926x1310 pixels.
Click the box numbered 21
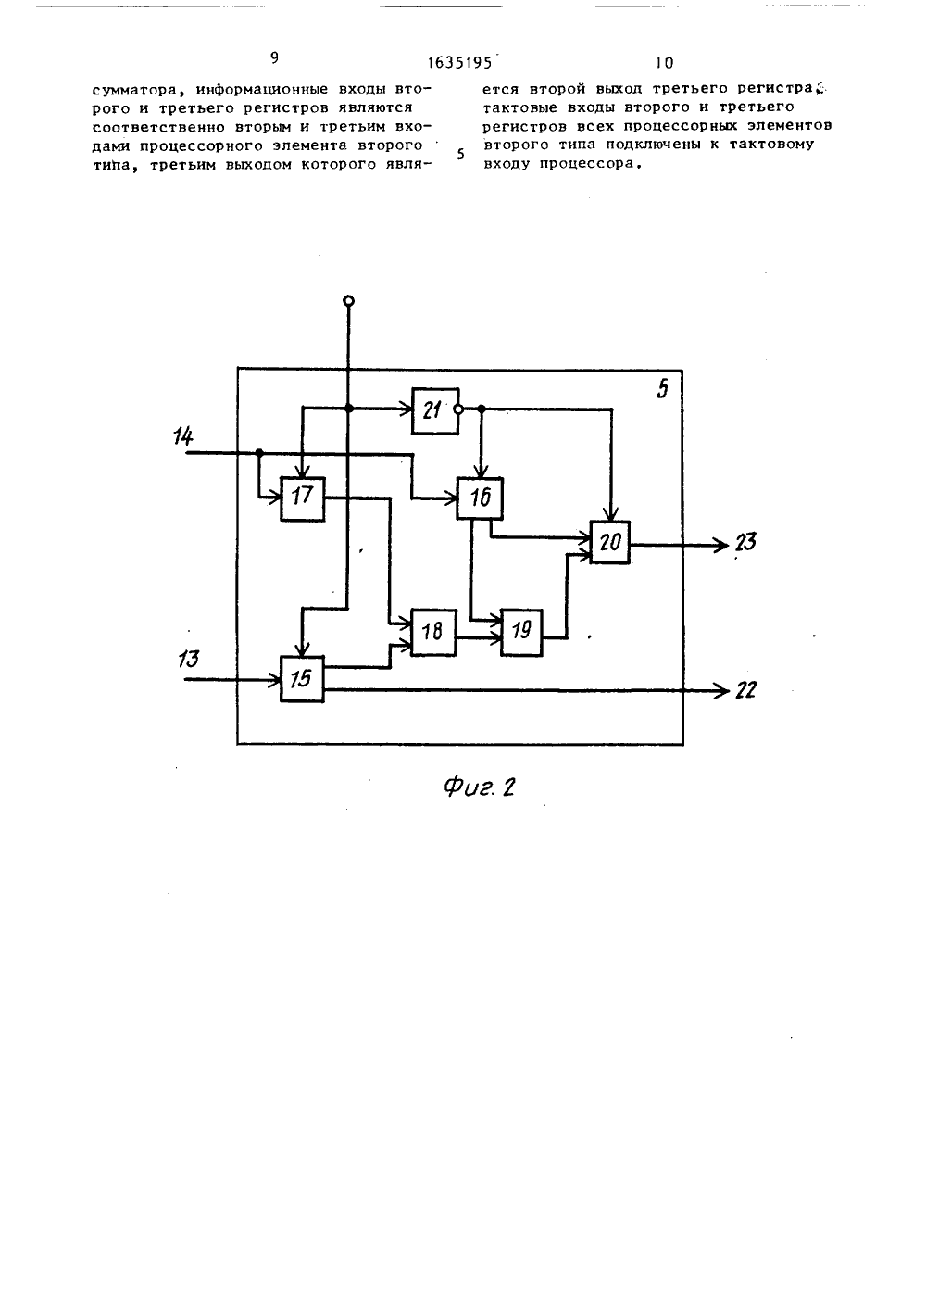435,410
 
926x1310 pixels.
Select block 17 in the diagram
302,498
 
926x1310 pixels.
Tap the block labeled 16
480,498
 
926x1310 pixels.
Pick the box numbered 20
609,542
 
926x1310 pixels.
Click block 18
433,632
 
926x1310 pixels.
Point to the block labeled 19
521,632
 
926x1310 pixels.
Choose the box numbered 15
302,679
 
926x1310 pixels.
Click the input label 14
183,436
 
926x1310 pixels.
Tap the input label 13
188,659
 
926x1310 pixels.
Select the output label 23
745,542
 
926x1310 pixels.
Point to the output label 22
745,691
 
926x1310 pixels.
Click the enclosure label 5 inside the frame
662,389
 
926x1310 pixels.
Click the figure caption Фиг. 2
480,787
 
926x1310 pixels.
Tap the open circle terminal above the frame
348,301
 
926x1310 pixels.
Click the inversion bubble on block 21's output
458,409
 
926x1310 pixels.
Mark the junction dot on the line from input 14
259,453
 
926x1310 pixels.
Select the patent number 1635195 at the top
460,63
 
